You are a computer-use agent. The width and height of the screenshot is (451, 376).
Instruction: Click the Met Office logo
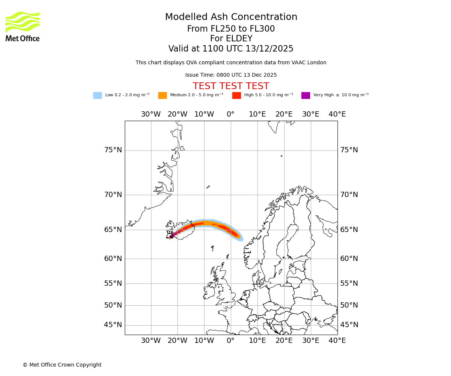(23, 26)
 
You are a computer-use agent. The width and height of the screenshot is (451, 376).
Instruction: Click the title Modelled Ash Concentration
(231, 17)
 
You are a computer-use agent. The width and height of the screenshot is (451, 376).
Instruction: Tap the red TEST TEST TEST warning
(231, 86)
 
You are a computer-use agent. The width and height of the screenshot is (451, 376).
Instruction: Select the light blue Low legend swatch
(97, 96)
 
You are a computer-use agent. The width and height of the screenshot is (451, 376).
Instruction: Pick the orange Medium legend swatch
(162, 96)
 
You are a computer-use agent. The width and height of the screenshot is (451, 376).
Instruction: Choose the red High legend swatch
(236, 96)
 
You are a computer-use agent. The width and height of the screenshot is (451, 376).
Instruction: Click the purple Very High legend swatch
(306, 96)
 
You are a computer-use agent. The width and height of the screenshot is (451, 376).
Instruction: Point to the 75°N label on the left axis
(113, 150)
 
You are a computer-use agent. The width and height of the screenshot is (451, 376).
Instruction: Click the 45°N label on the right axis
(349, 325)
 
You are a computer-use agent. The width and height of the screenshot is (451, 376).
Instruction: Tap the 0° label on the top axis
(231, 114)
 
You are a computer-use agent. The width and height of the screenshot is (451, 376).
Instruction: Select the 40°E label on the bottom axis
(337, 341)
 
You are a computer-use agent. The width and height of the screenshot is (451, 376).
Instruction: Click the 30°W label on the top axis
(151, 114)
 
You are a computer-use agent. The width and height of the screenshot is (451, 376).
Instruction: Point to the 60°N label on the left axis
(113, 259)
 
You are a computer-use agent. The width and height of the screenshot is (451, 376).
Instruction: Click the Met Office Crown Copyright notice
(62, 365)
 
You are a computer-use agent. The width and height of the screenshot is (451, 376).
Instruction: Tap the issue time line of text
(231, 75)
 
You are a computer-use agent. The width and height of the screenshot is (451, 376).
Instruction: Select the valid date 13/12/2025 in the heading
(269, 49)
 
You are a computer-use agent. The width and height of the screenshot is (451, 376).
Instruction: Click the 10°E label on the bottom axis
(257, 341)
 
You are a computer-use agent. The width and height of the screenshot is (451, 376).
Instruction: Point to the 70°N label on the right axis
(349, 195)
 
